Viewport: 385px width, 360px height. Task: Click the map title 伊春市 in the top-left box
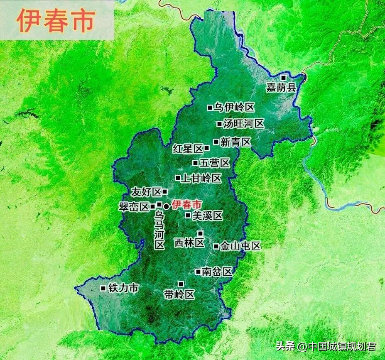[x=56, y=21]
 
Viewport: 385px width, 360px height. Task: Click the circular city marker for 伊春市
[x=166, y=206]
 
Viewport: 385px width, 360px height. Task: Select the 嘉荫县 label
[x=281, y=88]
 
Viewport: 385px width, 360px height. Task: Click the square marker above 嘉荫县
[x=283, y=78]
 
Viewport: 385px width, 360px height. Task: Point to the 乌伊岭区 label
[x=234, y=108]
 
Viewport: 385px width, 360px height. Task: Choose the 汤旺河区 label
[x=243, y=124]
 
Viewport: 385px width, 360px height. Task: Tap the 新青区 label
[x=235, y=142]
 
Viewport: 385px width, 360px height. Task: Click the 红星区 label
[x=188, y=149]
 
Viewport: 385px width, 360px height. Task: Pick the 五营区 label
[x=214, y=163]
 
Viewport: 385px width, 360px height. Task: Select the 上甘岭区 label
[x=201, y=179]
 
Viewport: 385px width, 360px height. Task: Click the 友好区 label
[x=146, y=192]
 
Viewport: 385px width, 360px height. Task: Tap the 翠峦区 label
[x=134, y=207]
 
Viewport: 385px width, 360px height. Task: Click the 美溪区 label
[x=208, y=216]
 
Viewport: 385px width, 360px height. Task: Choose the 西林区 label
[x=189, y=242]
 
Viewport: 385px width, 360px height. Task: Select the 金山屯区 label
[x=240, y=246]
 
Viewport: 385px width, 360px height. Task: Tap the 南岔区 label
[x=216, y=272]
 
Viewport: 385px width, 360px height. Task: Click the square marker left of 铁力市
[x=103, y=288]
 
